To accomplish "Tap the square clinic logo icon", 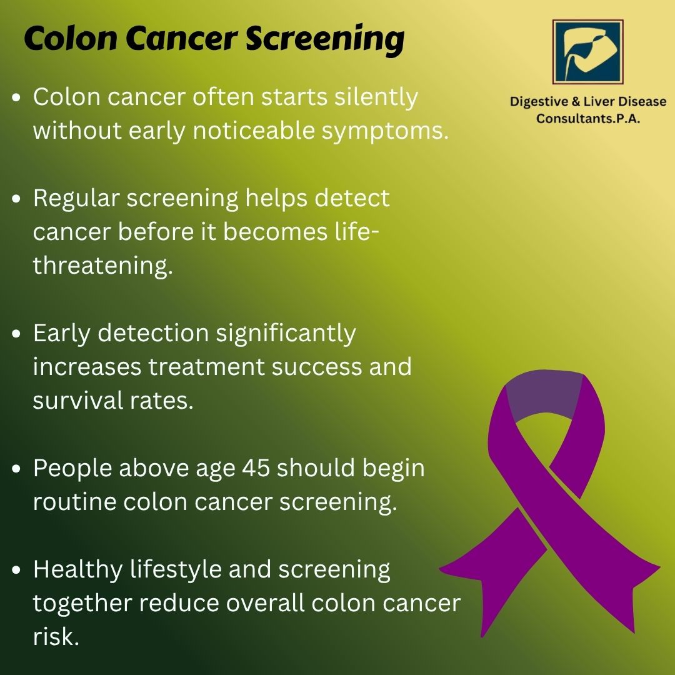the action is pos(588,52).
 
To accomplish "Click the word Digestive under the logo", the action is pos(539,102).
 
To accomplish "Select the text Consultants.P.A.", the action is pos(588,118).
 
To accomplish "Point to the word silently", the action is pos(376,97).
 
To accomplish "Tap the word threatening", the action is pos(103,266).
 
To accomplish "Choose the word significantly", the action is pos(286,334).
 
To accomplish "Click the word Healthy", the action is pos(78,570).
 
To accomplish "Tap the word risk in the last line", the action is pos(56,636).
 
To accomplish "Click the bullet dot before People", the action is pos(16,469).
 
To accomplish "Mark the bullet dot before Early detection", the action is pos(16,334).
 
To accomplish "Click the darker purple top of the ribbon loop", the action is pos(544,394).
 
